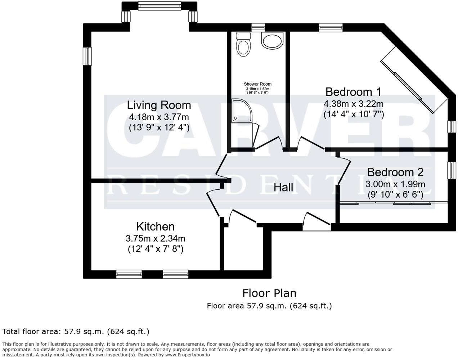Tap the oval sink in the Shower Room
point(272,41)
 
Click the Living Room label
point(159,105)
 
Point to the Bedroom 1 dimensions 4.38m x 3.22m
point(353,104)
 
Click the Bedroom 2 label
point(395,172)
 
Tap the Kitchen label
point(155,226)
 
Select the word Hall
point(283,187)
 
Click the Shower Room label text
point(257,84)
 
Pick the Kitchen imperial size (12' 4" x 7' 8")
point(156,249)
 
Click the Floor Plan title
point(269,293)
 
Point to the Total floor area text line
point(76,331)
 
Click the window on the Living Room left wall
point(87,57)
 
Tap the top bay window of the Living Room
point(159,6)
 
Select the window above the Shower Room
point(258,27)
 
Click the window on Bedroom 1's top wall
point(331,27)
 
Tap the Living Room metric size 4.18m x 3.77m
point(159,117)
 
